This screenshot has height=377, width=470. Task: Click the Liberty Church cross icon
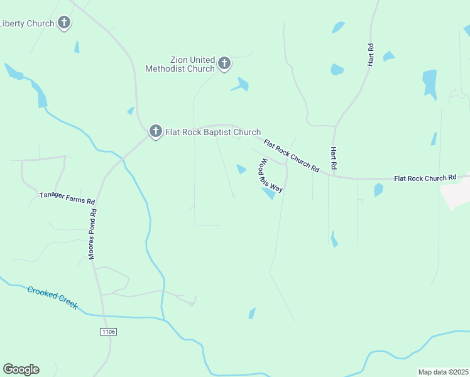pos(63,23)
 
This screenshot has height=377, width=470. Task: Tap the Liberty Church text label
pos(27,24)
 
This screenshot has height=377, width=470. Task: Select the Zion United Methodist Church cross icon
pos(224,63)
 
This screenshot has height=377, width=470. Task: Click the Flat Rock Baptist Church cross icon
pos(155,132)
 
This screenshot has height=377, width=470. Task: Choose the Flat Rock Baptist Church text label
pos(212,132)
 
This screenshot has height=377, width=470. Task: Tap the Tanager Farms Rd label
pos(67,198)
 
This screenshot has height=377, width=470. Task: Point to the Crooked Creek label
pos(52,297)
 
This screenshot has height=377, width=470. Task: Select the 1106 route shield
pos(108,331)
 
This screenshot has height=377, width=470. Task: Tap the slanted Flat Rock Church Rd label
pos(292,156)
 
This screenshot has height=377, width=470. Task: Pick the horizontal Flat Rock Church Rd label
pos(425,178)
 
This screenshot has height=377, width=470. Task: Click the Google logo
pos(21,369)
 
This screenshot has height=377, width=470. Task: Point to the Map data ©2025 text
pos(442,372)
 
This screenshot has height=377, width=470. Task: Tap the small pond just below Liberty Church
pos(77,46)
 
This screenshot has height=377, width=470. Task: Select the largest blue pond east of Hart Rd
pos(430,84)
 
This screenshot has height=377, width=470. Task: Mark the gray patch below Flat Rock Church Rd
pos(457,195)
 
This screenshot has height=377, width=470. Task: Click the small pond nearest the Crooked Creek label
pos(252,313)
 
